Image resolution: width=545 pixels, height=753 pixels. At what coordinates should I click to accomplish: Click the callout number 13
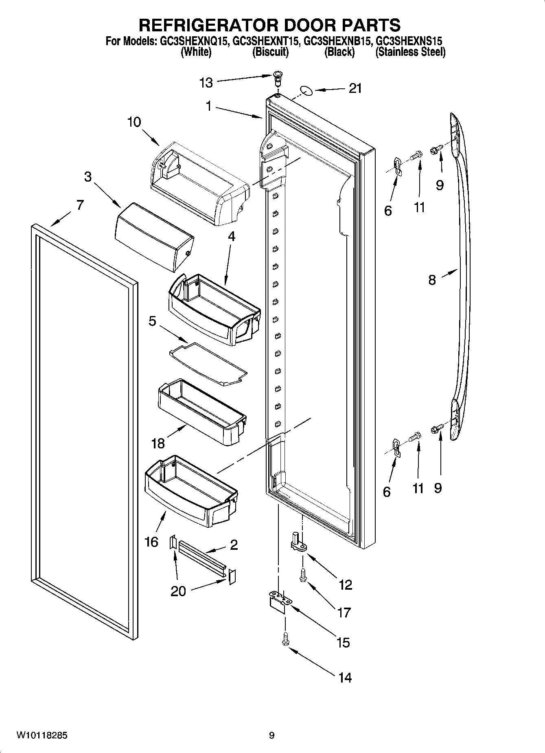tap(206, 83)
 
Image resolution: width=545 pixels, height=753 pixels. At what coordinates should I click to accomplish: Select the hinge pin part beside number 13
tap(278, 77)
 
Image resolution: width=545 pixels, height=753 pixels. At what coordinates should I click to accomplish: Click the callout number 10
tap(134, 122)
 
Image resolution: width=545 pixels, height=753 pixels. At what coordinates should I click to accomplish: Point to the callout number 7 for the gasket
tap(80, 205)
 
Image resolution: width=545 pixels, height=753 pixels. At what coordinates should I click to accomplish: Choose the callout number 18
tap(158, 443)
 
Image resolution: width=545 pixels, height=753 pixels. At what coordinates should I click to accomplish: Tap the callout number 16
tap(151, 542)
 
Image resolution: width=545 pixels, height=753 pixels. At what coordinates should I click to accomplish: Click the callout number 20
tap(178, 591)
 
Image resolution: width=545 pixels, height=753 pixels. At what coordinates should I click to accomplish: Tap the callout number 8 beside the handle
tap(432, 280)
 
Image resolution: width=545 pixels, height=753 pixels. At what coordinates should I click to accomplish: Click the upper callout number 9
tap(440, 185)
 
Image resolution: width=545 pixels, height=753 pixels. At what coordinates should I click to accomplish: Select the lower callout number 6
tap(387, 492)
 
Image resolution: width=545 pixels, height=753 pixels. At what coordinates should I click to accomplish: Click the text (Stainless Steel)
tap(410, 52)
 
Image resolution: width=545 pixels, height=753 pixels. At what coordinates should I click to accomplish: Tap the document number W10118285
tap(42, 735)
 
